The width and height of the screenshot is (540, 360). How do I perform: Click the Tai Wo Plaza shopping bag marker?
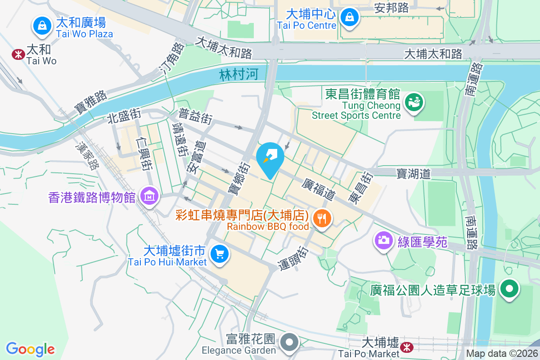point(42,25)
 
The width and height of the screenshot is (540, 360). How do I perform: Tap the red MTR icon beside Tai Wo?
point(18,54)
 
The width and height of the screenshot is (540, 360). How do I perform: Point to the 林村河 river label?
point(239,75)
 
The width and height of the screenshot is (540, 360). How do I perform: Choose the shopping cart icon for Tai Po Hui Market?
point(220,254)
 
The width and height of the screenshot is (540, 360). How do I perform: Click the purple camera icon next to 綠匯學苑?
point(383,239)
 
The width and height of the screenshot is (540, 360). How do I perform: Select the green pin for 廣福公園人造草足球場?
point(509,289)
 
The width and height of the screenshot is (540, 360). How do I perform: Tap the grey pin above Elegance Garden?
point(290,342)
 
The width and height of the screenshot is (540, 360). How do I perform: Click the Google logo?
point(30,349)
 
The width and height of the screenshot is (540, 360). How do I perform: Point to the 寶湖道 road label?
point(414,173)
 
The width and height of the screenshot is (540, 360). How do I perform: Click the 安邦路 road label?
point(391,8)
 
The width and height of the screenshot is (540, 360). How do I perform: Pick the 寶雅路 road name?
point(91,102)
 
